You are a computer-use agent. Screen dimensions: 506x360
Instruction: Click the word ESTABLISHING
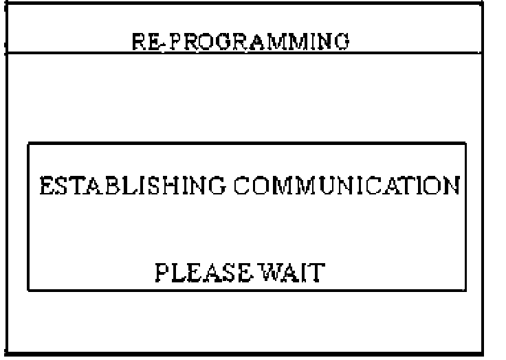[x=130, y=186]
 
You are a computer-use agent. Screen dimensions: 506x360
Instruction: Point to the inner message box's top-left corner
[x=28, y=143]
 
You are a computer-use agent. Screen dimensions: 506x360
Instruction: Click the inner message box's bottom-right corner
[x=466, y=290]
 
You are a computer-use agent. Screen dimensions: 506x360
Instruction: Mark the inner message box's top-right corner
[x=466, y=143]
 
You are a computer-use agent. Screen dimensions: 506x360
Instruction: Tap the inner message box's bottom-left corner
[x=28, y=290]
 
